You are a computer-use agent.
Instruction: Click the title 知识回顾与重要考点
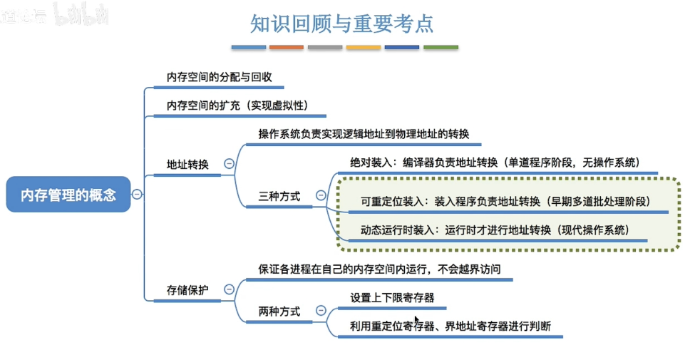(342, 23)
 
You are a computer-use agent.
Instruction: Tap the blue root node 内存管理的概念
(68, 194)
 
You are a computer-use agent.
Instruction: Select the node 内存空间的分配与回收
(219, 77)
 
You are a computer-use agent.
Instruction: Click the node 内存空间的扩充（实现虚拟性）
(237, 106)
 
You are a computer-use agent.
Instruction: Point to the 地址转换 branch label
(187, 165)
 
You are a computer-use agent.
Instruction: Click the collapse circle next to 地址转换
(229, 164)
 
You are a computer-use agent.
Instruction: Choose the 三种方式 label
(279, 195)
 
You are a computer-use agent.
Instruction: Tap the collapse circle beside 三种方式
(321, 195)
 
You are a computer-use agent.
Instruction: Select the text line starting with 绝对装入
(494, 162)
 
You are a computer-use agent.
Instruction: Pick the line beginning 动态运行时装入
(495, 230)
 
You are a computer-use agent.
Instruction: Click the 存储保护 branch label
(187, 290)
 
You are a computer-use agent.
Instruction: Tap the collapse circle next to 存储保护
(229, 289)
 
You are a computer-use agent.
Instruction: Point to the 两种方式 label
(279, 312)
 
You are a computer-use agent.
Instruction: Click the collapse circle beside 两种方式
(321, 311)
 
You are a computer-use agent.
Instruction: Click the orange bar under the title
(287, 48)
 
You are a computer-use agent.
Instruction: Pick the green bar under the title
(441, 48)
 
